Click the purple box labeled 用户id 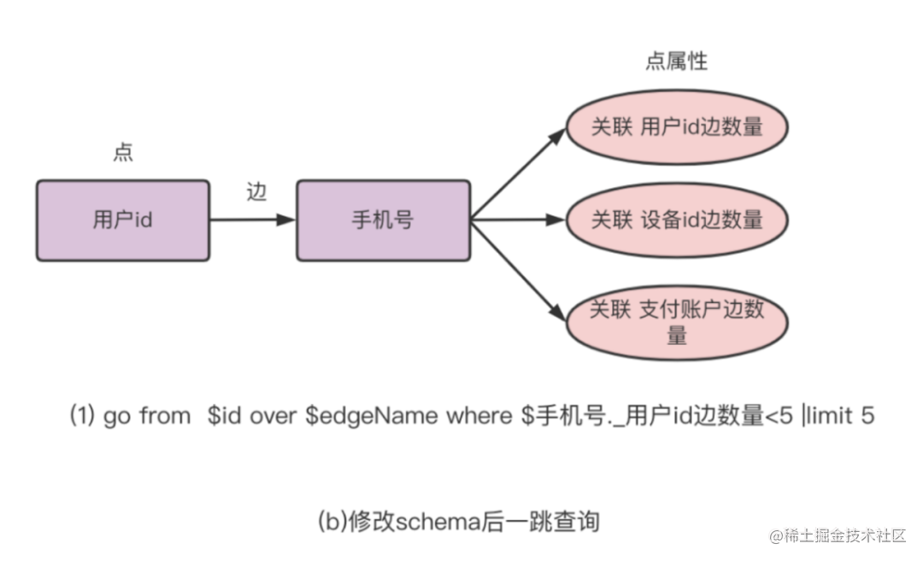(x=122, y=219)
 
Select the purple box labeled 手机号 (x=383, y=219)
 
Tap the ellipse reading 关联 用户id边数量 (x=676, y=127)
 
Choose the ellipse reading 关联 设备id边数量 (x=676, y=219)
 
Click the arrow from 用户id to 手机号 (x=252, y=219)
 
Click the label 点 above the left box (x=123, y=153)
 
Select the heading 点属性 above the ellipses (x=676, y=61)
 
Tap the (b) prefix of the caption (x=332, y=520)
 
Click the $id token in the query (x=225, y=417)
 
